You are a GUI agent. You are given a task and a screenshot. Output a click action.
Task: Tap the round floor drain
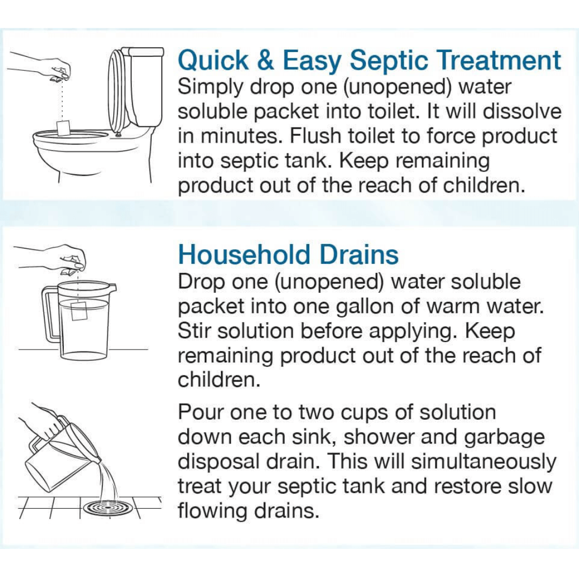point(107,506)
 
